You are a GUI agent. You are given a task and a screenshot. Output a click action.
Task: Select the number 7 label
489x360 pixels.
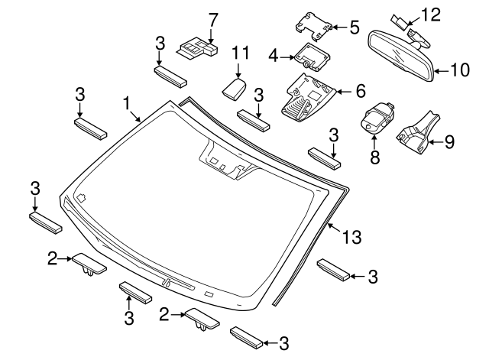(212, 19)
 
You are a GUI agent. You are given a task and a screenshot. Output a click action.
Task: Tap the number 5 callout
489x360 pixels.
(354, 27)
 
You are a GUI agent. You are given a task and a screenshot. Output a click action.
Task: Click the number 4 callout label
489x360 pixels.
(273, 55)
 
